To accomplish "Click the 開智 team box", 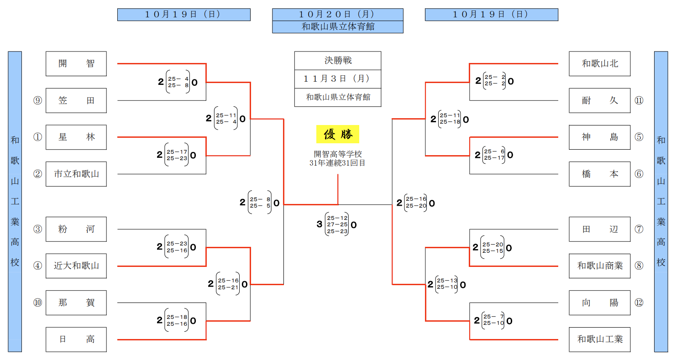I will [76, 64].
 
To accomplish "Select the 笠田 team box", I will [76, 100].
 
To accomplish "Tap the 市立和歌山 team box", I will [76, 174].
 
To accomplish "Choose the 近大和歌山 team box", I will [76, 266].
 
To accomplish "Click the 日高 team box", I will [76, 339].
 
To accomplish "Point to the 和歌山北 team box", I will [600, 64].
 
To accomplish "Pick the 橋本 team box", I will [600, 174].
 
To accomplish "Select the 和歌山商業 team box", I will [600, 266].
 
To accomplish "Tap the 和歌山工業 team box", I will [600, 339].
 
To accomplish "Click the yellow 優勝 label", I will [338, 134].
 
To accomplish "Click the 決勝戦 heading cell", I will [338, 61].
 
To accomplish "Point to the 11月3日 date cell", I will [338, 79].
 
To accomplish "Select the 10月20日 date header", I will [338, 15].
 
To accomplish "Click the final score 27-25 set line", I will [337, 224].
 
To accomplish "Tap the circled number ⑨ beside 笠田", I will [37, 100].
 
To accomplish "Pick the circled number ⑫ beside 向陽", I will [639, 303].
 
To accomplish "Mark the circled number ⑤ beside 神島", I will [639, 137].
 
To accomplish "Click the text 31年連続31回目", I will [338, 163].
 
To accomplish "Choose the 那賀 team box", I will [76, 303].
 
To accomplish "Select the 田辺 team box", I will [600, 229].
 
